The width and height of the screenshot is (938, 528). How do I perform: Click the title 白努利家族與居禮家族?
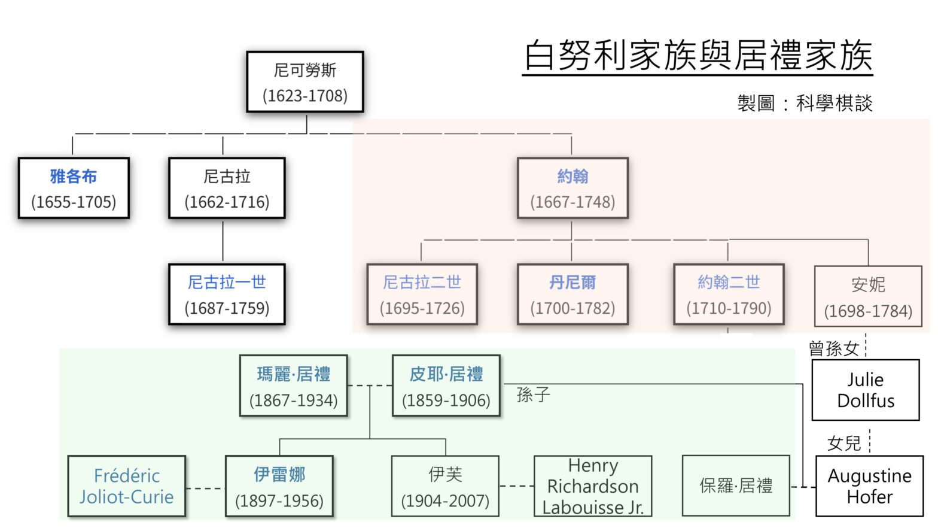point(698,55)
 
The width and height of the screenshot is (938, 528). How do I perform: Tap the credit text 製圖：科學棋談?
point(805,103)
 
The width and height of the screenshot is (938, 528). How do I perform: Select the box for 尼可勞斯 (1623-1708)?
point(305,82)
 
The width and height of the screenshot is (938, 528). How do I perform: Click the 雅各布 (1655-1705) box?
point(74,188)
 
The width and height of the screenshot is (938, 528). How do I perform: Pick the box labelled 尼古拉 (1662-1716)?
point(227,188)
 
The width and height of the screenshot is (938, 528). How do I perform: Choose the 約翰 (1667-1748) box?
point(573,188)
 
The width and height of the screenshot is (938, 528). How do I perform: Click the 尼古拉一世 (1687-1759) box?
point(227,294)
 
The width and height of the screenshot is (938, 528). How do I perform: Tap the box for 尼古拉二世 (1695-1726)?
point(422,294)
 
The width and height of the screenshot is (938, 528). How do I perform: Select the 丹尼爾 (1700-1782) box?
point(573,294)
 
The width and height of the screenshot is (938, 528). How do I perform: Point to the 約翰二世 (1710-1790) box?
point(729,294)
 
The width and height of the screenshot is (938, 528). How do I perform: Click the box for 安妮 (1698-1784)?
point(868,296)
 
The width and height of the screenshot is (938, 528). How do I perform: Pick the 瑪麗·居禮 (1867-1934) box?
point(294,386)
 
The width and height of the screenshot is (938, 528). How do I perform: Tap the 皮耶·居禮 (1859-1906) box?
point(446,386)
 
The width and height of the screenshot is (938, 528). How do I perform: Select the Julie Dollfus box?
point(866,390)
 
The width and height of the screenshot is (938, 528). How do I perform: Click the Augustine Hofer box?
point(870,486)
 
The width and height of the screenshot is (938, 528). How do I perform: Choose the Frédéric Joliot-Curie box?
point(126,486)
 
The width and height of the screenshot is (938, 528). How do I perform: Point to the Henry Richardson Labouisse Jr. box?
point(593,486)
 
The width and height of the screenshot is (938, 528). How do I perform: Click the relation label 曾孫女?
point(834,348)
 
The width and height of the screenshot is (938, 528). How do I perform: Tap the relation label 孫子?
point(533,395)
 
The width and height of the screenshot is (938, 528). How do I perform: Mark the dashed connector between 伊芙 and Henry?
point(517,486)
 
